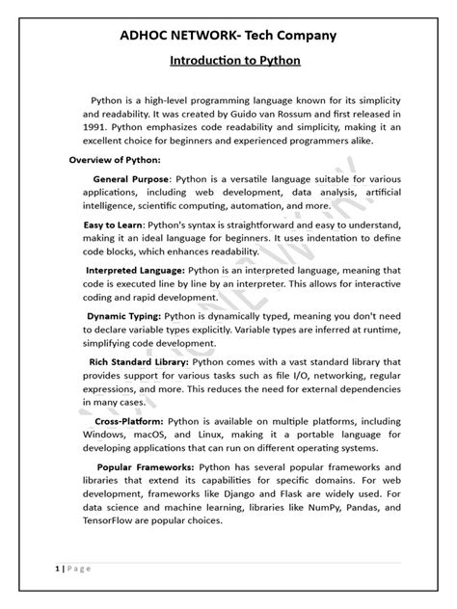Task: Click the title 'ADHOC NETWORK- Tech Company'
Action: tap(228, 36)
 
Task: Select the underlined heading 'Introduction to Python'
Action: tap(228, 61)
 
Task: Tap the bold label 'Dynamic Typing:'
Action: tap(123, 315)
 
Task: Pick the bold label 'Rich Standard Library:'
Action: tap(139, 361)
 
